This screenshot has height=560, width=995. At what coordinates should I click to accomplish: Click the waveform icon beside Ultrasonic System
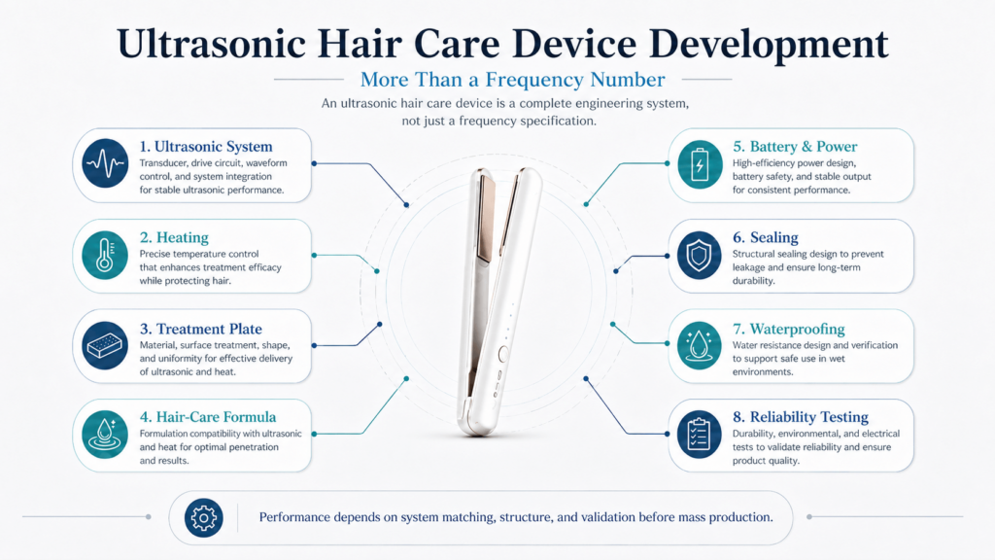[x=105, y=163]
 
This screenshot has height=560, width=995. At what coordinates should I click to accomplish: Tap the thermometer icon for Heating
[x=105, y=256]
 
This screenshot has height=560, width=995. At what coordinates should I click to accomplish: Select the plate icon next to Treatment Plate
[x=105, y=346]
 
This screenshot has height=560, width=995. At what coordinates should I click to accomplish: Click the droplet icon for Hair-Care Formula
[x=105, y=435]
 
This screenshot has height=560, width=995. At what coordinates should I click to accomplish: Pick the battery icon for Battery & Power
[x=700, y=165]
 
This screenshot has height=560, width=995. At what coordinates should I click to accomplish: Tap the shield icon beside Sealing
[x=700, y=256]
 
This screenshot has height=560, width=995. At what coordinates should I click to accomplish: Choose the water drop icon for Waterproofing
[x=700, y=346]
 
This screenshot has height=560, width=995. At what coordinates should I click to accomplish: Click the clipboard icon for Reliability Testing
[x=700, y=435]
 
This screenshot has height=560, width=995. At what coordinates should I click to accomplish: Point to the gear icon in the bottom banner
[x=204, y=518]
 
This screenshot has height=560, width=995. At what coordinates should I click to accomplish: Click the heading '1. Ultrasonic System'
[x=206, y=147]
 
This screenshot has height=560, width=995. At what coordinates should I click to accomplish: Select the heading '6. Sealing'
[x=766, y=237]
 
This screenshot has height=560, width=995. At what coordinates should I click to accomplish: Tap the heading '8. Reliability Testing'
[x=801, y=417]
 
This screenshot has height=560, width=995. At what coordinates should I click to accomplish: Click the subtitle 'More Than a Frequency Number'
[x=513, y=80]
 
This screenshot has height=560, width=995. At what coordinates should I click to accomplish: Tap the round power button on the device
[x=502, y=355]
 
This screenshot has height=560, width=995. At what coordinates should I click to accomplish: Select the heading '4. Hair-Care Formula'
[x=208, y=417]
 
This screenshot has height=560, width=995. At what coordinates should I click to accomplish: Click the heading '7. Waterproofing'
[x=789, y=329]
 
